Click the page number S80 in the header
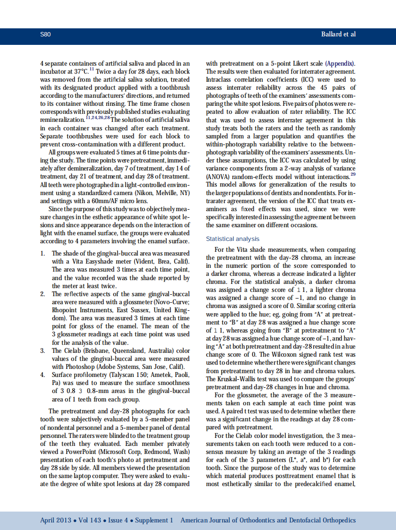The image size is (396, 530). coord(45,34)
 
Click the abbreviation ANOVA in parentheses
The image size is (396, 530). coord(217,176)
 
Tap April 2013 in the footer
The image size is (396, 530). coord(56,520)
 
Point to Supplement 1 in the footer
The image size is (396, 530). coord(154,520)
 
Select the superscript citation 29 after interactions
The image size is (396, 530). coord(353,175)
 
